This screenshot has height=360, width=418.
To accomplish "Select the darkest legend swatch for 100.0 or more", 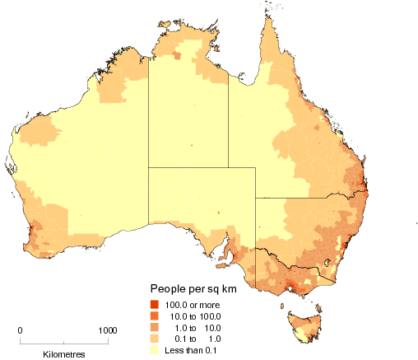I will tap(154, 306).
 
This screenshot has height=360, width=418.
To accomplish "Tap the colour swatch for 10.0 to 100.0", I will tap(154, 316).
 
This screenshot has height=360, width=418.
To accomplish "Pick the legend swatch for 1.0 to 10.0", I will tap(154, 327).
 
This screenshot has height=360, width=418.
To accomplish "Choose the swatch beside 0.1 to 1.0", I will tap(154, 338).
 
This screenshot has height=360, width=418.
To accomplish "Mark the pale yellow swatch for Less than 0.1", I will tap(154, 348).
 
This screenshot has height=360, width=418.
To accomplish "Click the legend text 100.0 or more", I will tap(193, 306).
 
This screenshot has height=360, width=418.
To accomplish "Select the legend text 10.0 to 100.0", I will tap(194, 316).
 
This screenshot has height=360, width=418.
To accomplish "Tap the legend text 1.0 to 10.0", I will tap(194, 327).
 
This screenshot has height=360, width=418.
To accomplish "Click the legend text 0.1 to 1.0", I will tap(194, 338).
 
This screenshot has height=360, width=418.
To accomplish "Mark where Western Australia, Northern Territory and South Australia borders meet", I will tap(149, 168).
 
